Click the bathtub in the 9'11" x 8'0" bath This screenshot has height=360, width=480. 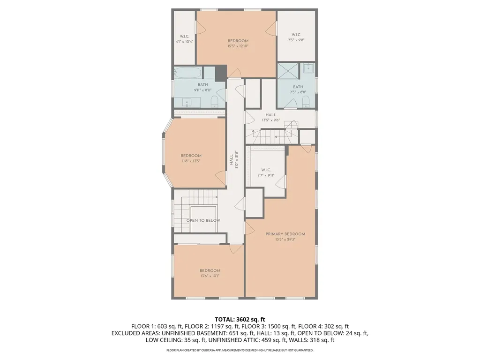coord(188,73)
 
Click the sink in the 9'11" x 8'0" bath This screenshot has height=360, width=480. coord(187,102)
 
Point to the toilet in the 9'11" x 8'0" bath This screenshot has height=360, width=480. coord(215,102)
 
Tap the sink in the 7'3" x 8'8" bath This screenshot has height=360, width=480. coord(308,68)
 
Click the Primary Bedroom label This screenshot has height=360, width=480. coord(285,234)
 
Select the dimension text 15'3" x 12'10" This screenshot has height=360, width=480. coord(238,46)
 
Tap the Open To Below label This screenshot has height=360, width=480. coord(203,220)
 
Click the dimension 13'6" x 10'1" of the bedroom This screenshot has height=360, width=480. coord(210,276)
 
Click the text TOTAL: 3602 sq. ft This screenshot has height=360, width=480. coord(240,319)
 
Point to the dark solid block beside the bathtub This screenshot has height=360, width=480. coord(220,72)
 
